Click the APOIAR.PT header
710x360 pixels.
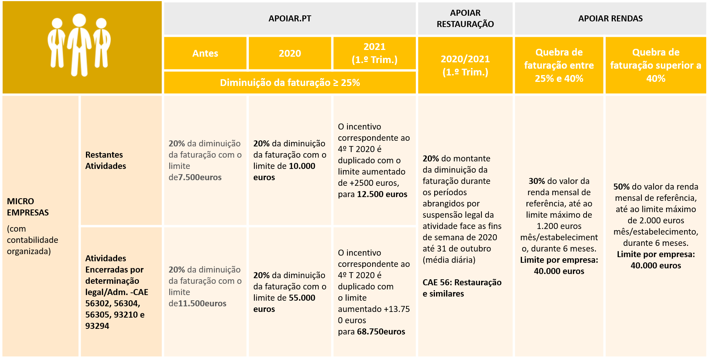tap(290, 18)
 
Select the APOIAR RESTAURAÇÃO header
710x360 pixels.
tap(465, 18)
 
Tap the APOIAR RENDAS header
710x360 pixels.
tap(610, 18)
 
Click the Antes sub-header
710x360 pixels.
tap(205, 53)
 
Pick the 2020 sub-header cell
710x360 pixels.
tap(290, 53)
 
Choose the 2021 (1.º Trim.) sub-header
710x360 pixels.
tap(374, 53)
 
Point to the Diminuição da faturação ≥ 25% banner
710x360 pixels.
tap(290, 83)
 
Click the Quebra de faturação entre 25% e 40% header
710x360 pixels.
tap(559, 65)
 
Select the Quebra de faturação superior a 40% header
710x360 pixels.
tap(656, 65)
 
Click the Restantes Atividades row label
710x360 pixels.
tap(105, 160)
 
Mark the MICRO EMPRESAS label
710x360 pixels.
tap(28, 207)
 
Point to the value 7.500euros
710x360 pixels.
tap(200, 177)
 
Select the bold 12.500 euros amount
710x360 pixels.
tap(382, 194)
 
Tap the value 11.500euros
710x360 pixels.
tap(202, 303)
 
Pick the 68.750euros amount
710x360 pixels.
tap(381, 331)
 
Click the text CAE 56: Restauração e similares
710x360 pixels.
tap(462, 288)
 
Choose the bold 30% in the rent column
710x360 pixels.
tap(536, 181)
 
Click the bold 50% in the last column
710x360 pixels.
tap(621, 187)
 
